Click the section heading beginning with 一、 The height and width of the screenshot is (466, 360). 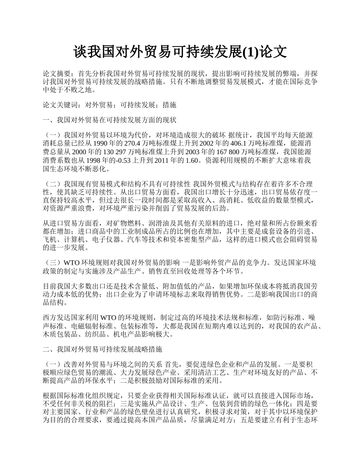(110, 120)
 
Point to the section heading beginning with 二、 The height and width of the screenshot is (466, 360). (102, 348)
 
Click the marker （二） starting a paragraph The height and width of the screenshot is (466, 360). (53, 184)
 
